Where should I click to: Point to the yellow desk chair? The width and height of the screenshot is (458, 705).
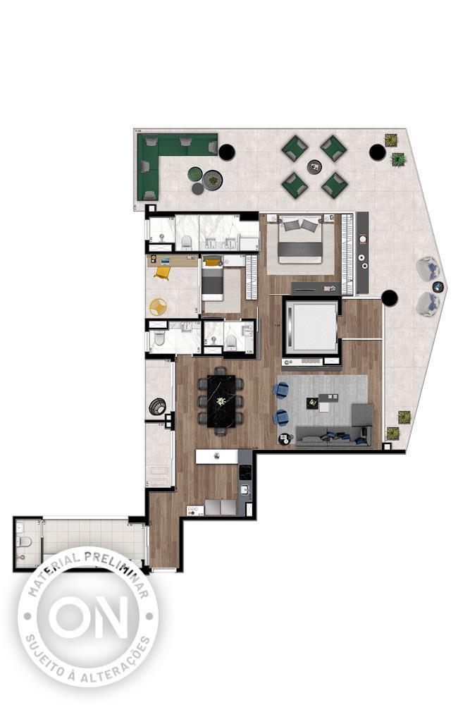tap(163, 271)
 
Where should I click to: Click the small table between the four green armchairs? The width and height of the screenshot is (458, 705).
tap(314, 166)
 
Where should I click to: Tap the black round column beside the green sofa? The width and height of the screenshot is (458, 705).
tap(227, 152)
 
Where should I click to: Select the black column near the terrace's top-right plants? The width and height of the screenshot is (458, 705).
tap(377, 152)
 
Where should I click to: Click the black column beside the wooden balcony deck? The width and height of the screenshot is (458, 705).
tap(390, 298)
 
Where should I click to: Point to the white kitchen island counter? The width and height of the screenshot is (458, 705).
tap(216, 456)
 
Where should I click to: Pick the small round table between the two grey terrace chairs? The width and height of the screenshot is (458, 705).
tap(438, 286)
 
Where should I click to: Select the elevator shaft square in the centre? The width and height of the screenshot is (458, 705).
tap(311, 327)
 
